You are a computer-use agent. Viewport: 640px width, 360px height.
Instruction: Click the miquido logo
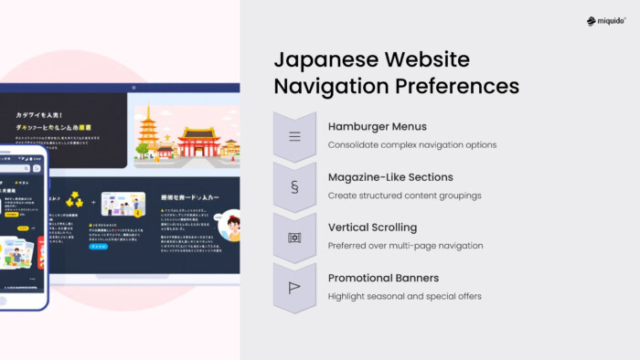605,21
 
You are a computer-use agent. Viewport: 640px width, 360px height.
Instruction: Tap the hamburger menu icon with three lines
294,137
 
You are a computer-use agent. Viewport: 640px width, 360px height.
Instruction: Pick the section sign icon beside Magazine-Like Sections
294,187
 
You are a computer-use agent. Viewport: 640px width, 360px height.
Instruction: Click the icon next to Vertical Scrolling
294,238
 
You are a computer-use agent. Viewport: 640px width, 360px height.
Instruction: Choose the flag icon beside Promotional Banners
294,287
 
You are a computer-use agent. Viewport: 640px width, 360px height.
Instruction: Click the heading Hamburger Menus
377,127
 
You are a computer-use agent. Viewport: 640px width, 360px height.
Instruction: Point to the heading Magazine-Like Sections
390,177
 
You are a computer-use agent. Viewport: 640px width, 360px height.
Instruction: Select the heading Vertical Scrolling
372,228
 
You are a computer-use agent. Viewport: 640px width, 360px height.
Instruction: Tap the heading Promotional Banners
383,278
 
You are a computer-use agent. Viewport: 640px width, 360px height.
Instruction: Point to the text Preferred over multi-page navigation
405,245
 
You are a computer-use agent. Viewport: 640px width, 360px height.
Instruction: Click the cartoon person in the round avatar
229,226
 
